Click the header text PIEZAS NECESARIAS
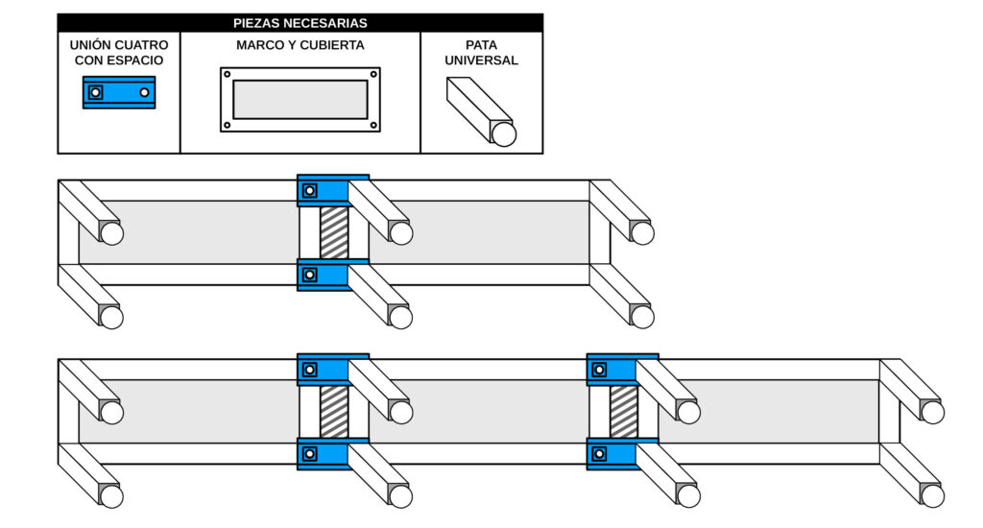point(300,23)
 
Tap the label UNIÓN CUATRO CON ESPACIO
point(119,53)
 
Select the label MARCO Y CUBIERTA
point(300,45)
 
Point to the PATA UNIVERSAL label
point(481,53)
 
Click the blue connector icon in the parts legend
point(119,92)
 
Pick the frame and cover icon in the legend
point(300,99)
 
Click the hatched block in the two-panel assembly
point(334,232)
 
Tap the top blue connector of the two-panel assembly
point(332,190)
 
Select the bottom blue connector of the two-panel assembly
point(332,275)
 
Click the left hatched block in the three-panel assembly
point(334,412)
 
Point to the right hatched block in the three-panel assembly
point(623,412)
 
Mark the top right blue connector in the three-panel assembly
point(622,369)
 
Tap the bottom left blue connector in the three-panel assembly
point(332,454)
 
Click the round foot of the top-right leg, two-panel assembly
point(642,233)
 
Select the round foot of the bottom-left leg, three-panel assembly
point(111,496)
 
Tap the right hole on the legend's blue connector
point(144,92)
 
